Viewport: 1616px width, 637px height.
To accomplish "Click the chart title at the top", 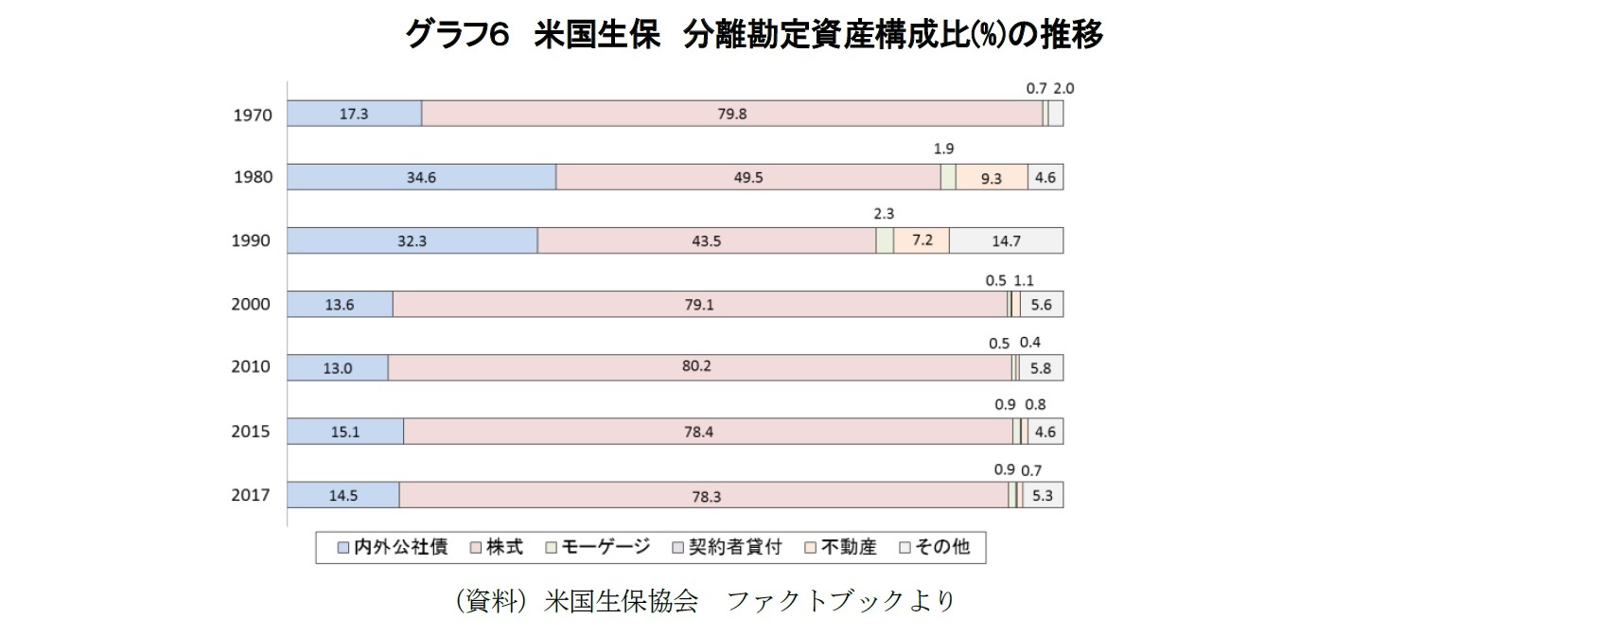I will [754, 35].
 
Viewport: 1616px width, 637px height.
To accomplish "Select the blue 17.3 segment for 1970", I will [354, 114].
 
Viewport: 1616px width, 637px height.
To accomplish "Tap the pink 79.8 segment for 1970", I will [731, 114].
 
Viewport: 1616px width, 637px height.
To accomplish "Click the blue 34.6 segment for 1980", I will [421, 177].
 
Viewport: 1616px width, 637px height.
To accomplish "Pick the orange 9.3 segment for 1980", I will [991, 177].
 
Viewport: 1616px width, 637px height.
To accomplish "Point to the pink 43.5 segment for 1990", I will [706, 240].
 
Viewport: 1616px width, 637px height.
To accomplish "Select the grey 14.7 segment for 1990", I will [1006, 240].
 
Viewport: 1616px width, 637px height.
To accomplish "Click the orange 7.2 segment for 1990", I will [922, 240].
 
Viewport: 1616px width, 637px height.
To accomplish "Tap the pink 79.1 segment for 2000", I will [699, 304].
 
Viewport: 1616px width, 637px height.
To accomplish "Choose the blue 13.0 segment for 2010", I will [338, 367].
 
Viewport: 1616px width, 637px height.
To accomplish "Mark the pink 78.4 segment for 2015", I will [698, 431].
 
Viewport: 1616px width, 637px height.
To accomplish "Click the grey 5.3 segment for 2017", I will [1043, 495].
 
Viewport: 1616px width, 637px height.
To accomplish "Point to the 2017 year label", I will [251, 495].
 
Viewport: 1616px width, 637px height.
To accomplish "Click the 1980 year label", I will [253, 177].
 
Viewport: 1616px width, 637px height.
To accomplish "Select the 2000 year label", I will [251, 304].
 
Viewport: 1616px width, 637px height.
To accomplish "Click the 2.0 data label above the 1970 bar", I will [1063, 88].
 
